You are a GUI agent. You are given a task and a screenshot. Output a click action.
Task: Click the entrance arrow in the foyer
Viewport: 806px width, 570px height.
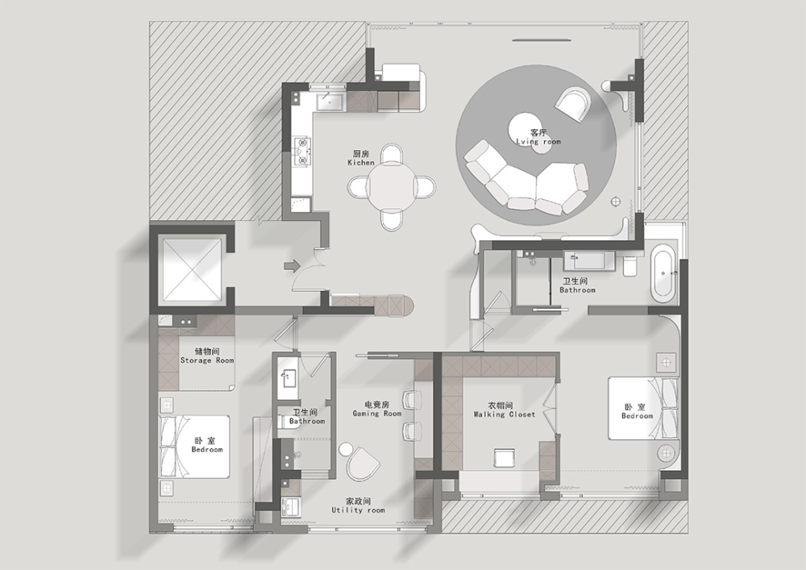coord(292,266)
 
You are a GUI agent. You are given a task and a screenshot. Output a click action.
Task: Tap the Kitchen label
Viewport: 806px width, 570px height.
coord(361,158)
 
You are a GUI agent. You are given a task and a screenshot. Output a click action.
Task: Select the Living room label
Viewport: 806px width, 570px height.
coord(538,137)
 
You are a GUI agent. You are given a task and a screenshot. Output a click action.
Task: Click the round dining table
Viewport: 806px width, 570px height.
coord(392,186)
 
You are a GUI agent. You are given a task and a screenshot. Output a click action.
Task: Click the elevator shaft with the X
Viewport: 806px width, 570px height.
coord(192,269)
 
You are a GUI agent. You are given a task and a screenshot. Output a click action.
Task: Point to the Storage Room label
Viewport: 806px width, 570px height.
coord(206,356)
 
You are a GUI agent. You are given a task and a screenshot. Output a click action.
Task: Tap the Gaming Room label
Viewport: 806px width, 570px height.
coord(376,409)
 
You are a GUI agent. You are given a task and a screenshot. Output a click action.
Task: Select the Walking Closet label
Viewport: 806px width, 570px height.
coord(505,410)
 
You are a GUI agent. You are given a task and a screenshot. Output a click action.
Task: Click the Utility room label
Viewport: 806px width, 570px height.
coord(359,506)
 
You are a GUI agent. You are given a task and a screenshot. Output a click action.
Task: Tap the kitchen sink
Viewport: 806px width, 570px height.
coord(330,102)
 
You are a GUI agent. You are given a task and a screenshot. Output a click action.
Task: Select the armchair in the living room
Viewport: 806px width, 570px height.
coord(573,104)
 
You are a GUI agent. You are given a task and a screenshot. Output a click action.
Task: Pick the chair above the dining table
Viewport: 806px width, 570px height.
coord(392,154)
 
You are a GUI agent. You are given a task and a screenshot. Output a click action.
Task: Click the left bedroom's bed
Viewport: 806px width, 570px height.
coord(193,447)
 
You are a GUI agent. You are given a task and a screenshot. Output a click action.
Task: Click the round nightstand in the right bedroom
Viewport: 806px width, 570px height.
coord(667,453)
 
